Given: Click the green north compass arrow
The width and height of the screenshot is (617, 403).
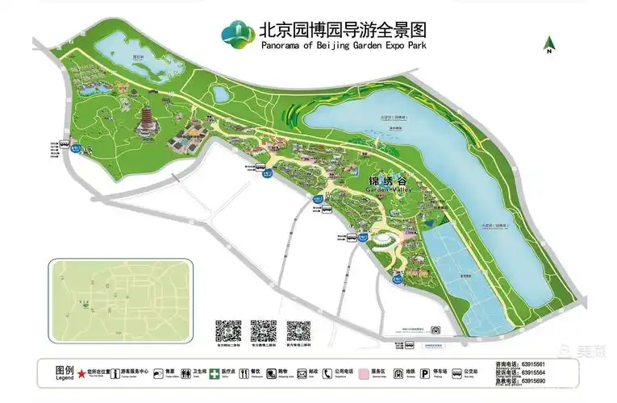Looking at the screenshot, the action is point(548,43).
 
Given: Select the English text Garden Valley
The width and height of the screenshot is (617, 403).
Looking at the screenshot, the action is point(377,191).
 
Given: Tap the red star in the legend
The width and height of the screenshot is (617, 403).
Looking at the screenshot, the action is point(81,374).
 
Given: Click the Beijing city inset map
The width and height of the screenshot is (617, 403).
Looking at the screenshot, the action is point(120,298).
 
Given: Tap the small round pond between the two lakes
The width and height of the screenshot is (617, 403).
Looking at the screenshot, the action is point(220,93).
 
